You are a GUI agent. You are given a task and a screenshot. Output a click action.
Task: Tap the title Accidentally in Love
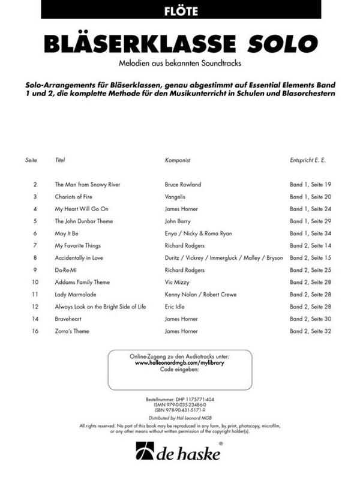80,257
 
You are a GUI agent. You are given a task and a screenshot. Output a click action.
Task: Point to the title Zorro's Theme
73,331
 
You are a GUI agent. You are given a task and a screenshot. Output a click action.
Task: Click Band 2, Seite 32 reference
310,331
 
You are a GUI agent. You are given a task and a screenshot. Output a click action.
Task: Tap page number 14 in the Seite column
35,319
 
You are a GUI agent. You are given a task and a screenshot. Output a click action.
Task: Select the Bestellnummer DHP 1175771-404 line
180,398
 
